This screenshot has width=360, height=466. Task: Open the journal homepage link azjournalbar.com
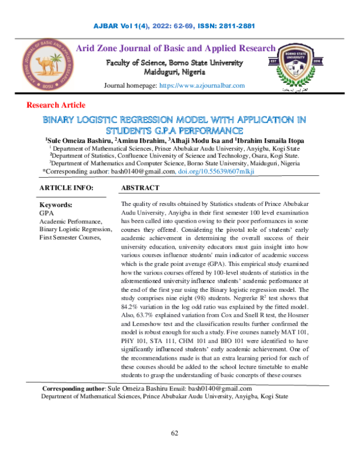coord(202,86)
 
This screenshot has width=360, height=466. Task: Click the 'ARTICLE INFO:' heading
coord(66,188)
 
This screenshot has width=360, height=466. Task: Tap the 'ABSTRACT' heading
coord(140,188)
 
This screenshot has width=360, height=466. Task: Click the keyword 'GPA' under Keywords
coord(46,213)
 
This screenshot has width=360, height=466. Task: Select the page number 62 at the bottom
coord(176,433)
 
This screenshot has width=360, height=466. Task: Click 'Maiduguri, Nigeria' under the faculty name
coord(175,73)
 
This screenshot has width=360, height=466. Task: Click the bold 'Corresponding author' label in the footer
coord(70,389)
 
